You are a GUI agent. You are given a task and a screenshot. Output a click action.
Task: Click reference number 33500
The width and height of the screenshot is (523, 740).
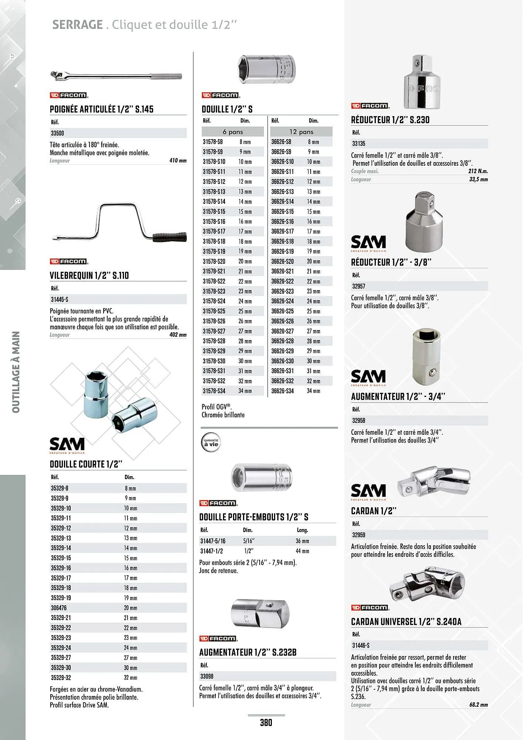point(57,133)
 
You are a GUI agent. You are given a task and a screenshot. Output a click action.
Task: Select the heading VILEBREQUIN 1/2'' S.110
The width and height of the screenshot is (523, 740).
point(89,275)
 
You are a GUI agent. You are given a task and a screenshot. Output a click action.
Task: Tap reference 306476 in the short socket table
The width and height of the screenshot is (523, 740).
point(59,608)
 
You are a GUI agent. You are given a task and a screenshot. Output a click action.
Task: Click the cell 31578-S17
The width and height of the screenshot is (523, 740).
point(214,231)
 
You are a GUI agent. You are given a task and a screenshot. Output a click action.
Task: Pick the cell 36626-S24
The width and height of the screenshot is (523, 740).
point(282,301)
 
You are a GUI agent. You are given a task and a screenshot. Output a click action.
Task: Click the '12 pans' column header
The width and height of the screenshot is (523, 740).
point(301,132)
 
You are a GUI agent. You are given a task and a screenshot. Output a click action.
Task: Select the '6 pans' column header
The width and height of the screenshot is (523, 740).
point(233,132)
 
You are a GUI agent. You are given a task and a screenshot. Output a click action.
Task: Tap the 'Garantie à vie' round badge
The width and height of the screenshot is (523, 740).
point(211,443)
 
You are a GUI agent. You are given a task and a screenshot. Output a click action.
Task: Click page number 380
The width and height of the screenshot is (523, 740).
point(266,723)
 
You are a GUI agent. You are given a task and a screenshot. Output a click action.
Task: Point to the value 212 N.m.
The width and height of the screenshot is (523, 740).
point(478,171)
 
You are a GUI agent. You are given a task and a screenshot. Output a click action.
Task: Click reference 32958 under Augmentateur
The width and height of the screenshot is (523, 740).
point(359,420)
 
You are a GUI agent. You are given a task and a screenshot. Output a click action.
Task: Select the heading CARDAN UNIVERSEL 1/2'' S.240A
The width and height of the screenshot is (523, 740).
point(406,622)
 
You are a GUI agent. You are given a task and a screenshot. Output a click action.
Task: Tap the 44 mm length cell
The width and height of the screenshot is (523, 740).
point(302,551)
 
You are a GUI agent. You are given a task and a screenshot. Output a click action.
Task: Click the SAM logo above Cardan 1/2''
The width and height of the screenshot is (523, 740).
point(368,491)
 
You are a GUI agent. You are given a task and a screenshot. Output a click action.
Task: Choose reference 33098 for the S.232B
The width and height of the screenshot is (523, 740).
point(207,676)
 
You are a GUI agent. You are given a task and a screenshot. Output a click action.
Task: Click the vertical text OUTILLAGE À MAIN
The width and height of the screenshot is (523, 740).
point(16,372)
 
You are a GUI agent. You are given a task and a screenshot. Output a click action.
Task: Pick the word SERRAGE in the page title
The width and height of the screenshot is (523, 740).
point(77,25)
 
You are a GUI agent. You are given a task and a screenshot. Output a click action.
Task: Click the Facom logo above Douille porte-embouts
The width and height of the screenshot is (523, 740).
point(218,503)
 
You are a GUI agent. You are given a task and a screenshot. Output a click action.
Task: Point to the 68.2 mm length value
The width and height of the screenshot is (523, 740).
point(478,704)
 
